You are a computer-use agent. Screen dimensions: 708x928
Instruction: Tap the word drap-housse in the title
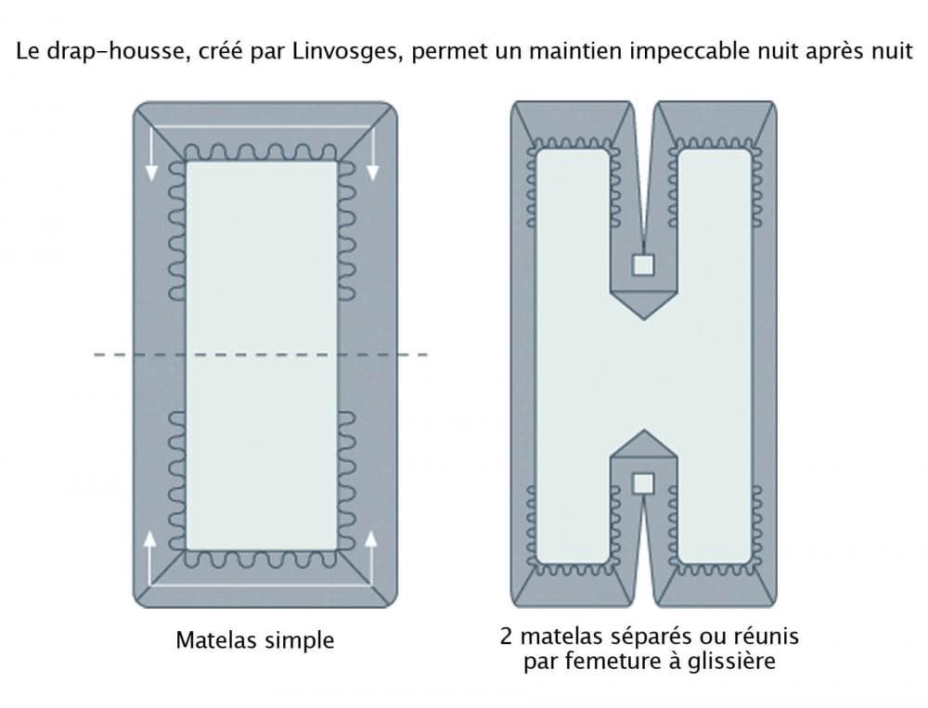tap(100, 52)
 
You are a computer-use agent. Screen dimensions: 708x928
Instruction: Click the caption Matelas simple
tap(254, 640)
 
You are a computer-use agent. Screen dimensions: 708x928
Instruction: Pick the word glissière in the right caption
tap(735, 663)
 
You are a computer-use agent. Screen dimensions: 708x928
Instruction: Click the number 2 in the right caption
tap(505, 637)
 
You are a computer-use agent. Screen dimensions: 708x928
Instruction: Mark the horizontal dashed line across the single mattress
tap(260, 354)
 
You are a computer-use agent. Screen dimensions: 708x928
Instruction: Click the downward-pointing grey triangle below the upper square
tap(643, 306)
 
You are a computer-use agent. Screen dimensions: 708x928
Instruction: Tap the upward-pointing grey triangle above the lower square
tap(643, 444)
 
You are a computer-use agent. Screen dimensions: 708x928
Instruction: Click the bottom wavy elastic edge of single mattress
tap(261, 559)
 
